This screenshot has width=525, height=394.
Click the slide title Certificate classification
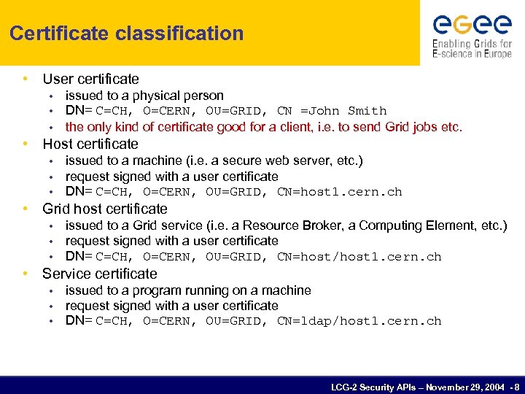[127, 34]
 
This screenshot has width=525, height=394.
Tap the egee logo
[472, 25]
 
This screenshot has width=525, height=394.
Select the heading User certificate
[90, 79]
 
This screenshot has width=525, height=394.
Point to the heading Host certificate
[90, 144]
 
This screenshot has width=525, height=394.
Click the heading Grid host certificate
[105, 209]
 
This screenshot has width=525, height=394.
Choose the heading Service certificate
[99, 274]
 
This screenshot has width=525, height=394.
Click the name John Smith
[348, 111]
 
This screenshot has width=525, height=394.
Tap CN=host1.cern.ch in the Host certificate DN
[339, 193]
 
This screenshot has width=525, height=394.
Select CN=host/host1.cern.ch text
[359, 257]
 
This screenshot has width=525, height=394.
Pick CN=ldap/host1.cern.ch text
[359, 322]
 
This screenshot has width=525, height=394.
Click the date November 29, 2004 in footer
[460, 386]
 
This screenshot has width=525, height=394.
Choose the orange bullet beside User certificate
[26, 79]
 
